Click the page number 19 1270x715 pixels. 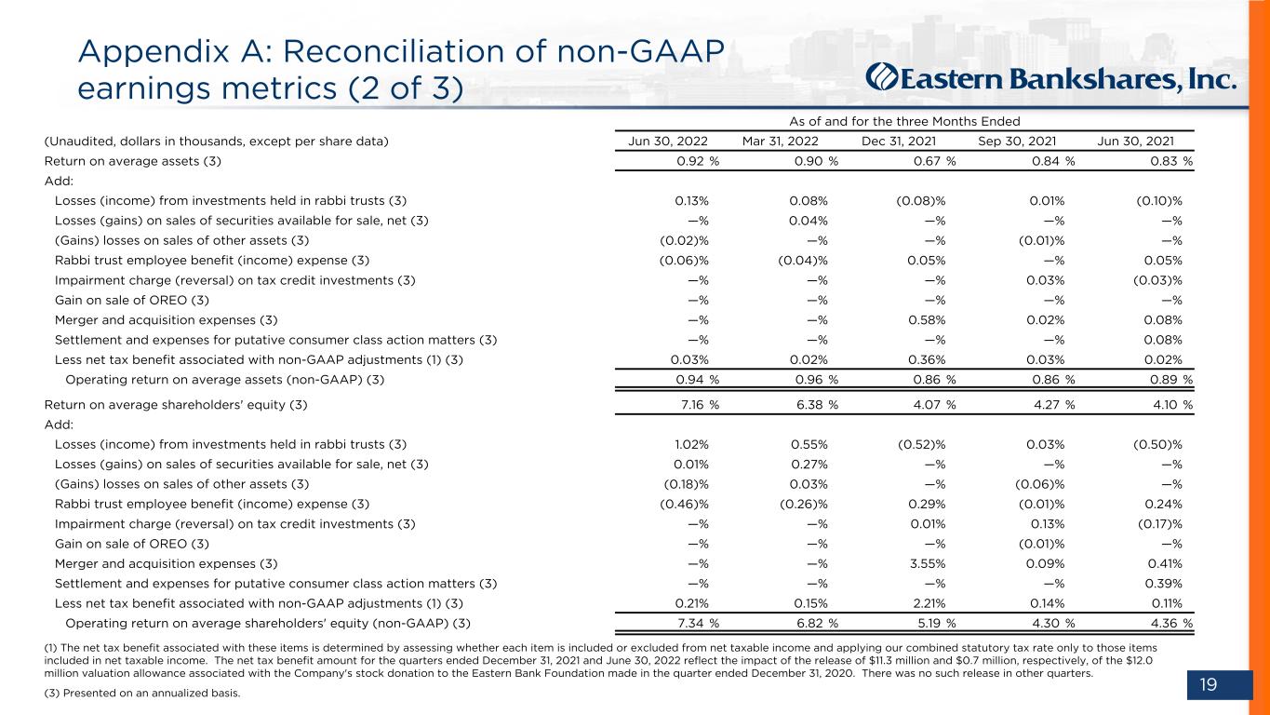1209,684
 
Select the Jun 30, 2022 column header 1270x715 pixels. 667,141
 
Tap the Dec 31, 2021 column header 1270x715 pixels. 898,141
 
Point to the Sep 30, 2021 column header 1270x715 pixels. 1017,141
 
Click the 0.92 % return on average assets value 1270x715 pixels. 698,161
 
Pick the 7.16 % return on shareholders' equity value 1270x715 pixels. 700,405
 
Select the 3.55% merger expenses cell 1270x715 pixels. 927,563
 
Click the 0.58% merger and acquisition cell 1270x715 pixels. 927,320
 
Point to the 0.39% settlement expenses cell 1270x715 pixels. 1163,584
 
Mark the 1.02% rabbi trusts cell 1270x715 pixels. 691,444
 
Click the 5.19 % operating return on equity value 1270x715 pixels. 937,623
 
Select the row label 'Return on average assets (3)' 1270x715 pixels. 133,161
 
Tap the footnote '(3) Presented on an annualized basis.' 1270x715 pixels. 142,693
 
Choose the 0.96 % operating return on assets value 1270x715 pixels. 817,380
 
